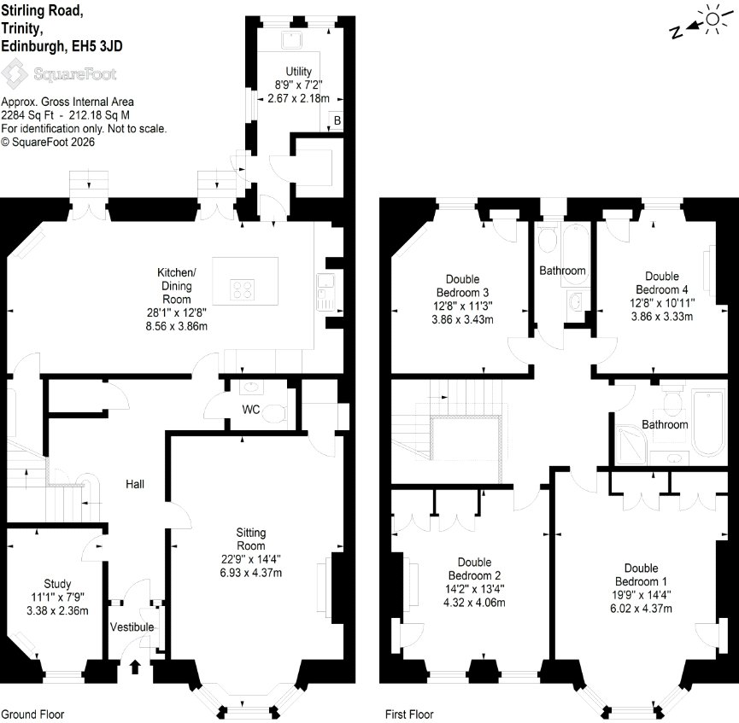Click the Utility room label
click(298, 72)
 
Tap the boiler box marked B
click(337, 120)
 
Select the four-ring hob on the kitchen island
click(243, 289)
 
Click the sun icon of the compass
click(713, 19)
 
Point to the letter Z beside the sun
click(676, 32)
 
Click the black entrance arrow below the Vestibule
click(135, 667)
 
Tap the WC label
click(250, 410)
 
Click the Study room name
click(57, 584)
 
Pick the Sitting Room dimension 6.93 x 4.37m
click(250, 573)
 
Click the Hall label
click(135, 484)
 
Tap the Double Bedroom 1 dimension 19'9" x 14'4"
click(641, 595)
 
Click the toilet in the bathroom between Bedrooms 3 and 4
click(548, 240)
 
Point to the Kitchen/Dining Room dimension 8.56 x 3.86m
click(177, 326)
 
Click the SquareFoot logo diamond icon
click(15, 73)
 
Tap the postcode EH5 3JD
click(97, 46)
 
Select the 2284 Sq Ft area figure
click(27, 115)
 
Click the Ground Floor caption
click(32, 714)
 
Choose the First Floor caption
click(409, 714)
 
